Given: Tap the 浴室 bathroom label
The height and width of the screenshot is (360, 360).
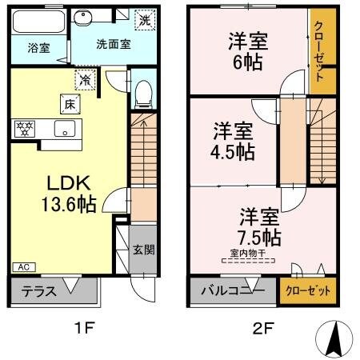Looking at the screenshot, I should pyautogui.click(x=27, y=47).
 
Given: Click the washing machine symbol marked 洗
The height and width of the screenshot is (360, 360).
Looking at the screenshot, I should pyautogui.click(x=143, y=18).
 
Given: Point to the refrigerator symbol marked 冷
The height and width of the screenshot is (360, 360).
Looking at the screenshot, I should pyautogui.click(x=85, y=78).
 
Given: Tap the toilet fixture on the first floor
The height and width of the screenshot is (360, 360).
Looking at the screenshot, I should pyautogui.click(x=142, y=94).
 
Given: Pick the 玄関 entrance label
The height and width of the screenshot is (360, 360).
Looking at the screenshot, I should pyautogui.click(x=145, y=250).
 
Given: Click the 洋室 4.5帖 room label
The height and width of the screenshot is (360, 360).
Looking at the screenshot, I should pyautogui.click(x=234, y=140).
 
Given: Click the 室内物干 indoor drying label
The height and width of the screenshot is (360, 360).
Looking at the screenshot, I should pyautogui.click(x=247, y=254).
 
